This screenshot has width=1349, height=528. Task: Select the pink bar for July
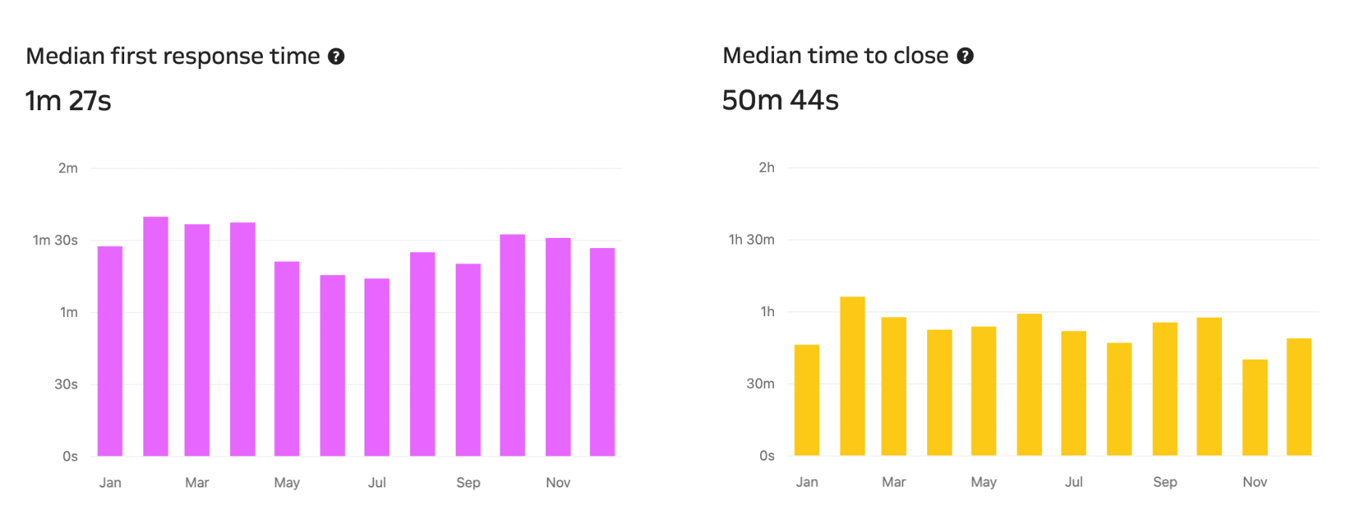coord(377,367)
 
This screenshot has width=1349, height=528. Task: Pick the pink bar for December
coord(602,352)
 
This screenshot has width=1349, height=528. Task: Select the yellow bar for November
coord(1255,407)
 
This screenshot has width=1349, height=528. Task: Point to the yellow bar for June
coord(1029,384)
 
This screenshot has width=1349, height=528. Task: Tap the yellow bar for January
coord(807,400)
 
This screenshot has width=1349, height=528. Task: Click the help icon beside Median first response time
coord(336,57)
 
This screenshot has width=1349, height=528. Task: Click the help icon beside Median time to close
coord(965,56)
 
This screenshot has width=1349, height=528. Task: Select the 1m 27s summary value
coord(68,101)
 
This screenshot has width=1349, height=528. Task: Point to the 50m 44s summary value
coord(781,100)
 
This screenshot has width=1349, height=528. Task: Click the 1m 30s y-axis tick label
coord(55,240)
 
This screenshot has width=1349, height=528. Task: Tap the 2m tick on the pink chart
coord(68,168)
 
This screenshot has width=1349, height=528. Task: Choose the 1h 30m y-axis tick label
coord(751,239)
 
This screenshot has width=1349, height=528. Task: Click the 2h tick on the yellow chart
coord(766,168)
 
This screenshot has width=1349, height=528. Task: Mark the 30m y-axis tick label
coord(760,384)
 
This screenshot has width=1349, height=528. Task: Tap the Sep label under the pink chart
coord(468,482)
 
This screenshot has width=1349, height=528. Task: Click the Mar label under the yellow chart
coord(894,482)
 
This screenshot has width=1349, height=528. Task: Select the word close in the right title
coord(921,56)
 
